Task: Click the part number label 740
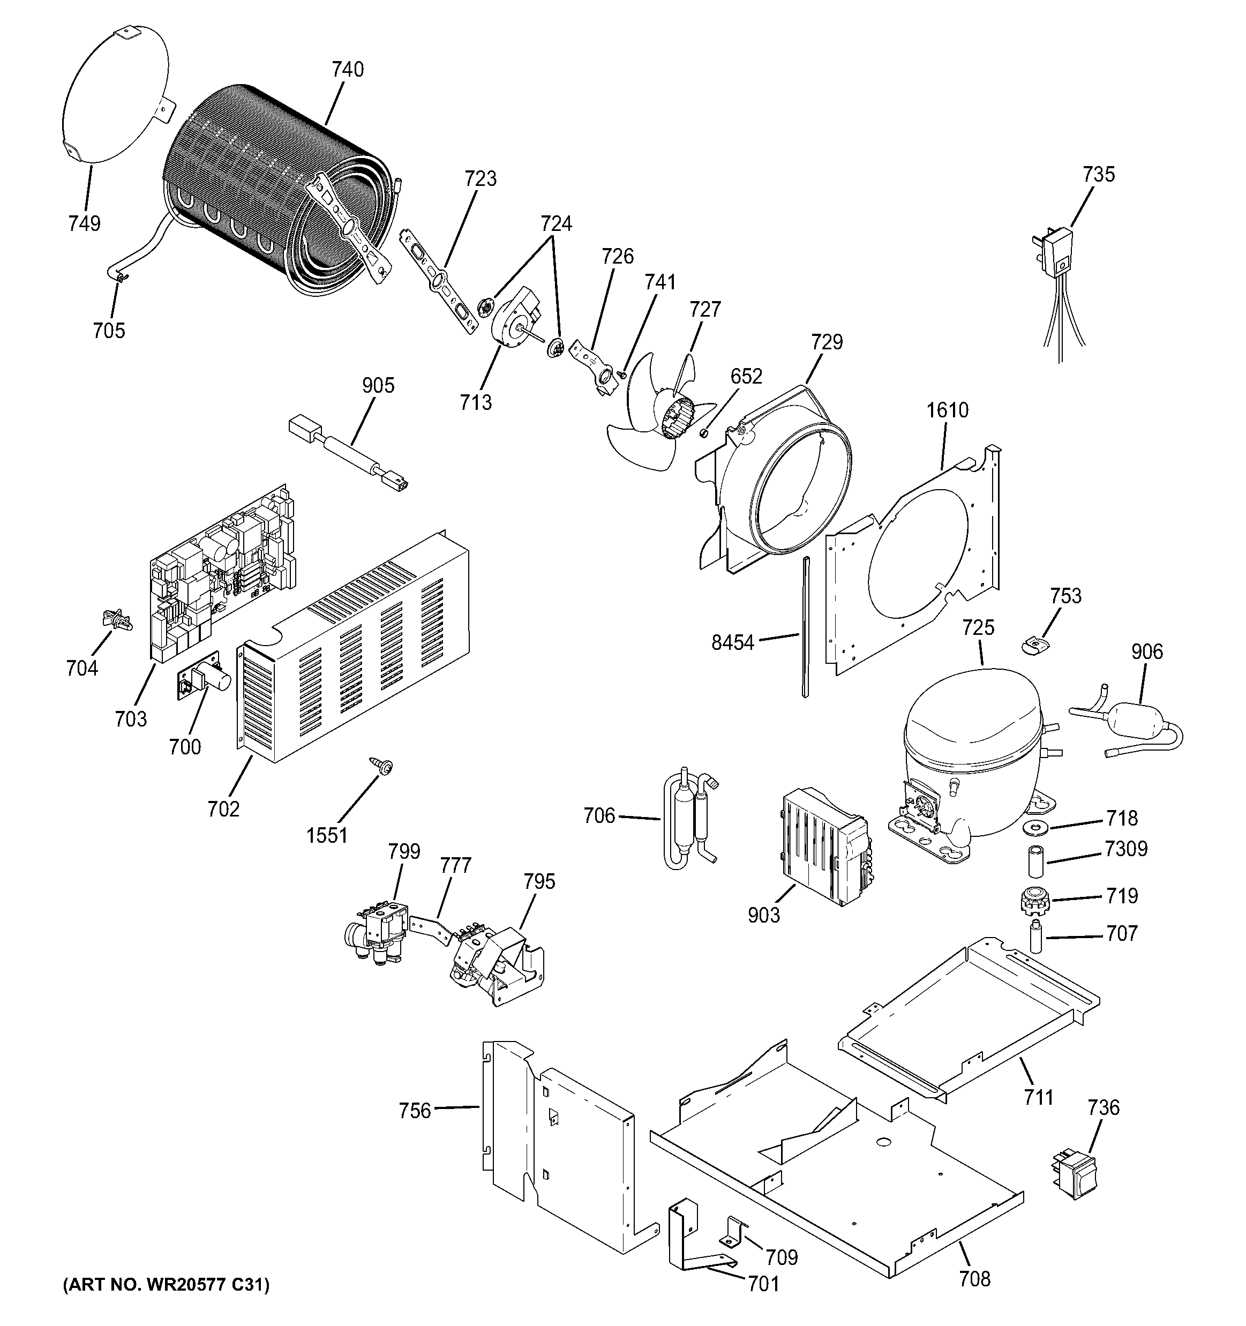click(x=348, y=69)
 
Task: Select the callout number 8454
click(x=732, y=643)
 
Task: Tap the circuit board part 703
click(x=220, y=574)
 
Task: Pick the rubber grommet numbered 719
click(x=1034, y=901)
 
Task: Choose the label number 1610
click(x=947, y=410)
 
